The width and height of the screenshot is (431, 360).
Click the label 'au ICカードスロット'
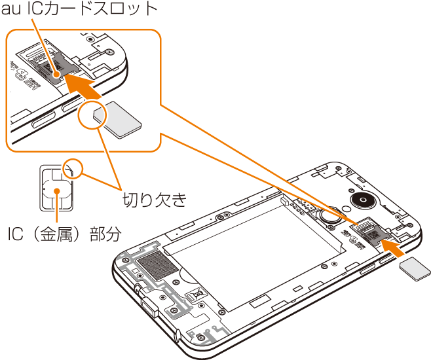click(79, 9)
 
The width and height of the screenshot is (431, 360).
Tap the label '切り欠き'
click(155, 200)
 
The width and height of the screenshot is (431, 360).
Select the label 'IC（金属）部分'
click(65, 234)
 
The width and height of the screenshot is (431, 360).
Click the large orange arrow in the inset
click(83, 85)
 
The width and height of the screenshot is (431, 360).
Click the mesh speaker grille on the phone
click(158, 265)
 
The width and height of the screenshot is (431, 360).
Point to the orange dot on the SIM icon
click(56, 191)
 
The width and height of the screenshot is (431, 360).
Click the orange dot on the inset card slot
click(56, 75)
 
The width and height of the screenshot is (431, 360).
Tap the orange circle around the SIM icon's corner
click(73, 168)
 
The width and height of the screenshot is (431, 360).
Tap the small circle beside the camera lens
click(347, 208)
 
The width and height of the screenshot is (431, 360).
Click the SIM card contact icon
click(56, 188)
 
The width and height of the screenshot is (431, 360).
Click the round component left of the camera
click(329, 216)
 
